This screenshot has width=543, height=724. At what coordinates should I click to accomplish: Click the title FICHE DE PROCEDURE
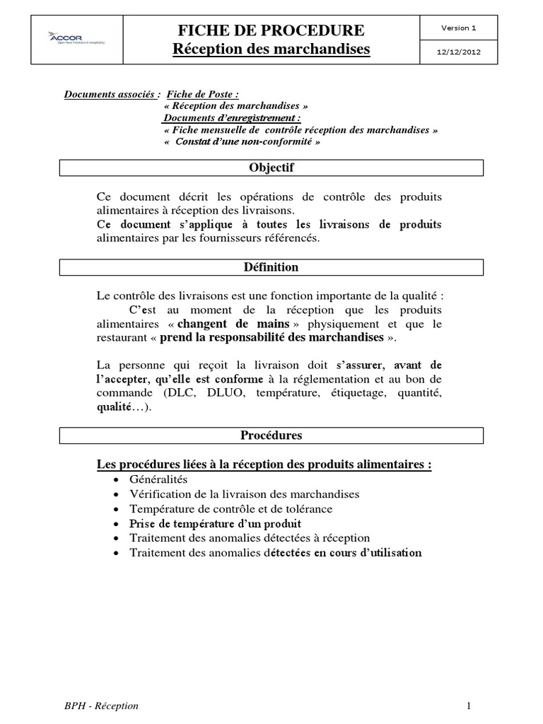(272, 30)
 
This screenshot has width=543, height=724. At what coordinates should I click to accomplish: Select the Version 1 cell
(459, 28)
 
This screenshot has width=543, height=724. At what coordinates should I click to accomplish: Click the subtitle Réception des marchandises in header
(272, 49)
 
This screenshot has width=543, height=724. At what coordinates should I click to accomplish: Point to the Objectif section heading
(271, 168)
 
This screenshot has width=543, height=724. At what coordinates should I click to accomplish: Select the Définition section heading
(271, 267)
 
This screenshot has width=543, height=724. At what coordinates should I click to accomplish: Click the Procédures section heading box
(271, 436)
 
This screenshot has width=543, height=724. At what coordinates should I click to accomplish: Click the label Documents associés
(112, 94)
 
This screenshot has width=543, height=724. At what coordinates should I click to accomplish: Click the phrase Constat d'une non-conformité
(245, 141)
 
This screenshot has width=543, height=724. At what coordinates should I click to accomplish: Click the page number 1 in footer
(469, 706)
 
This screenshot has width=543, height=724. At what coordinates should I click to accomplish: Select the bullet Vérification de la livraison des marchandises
(244, 494)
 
